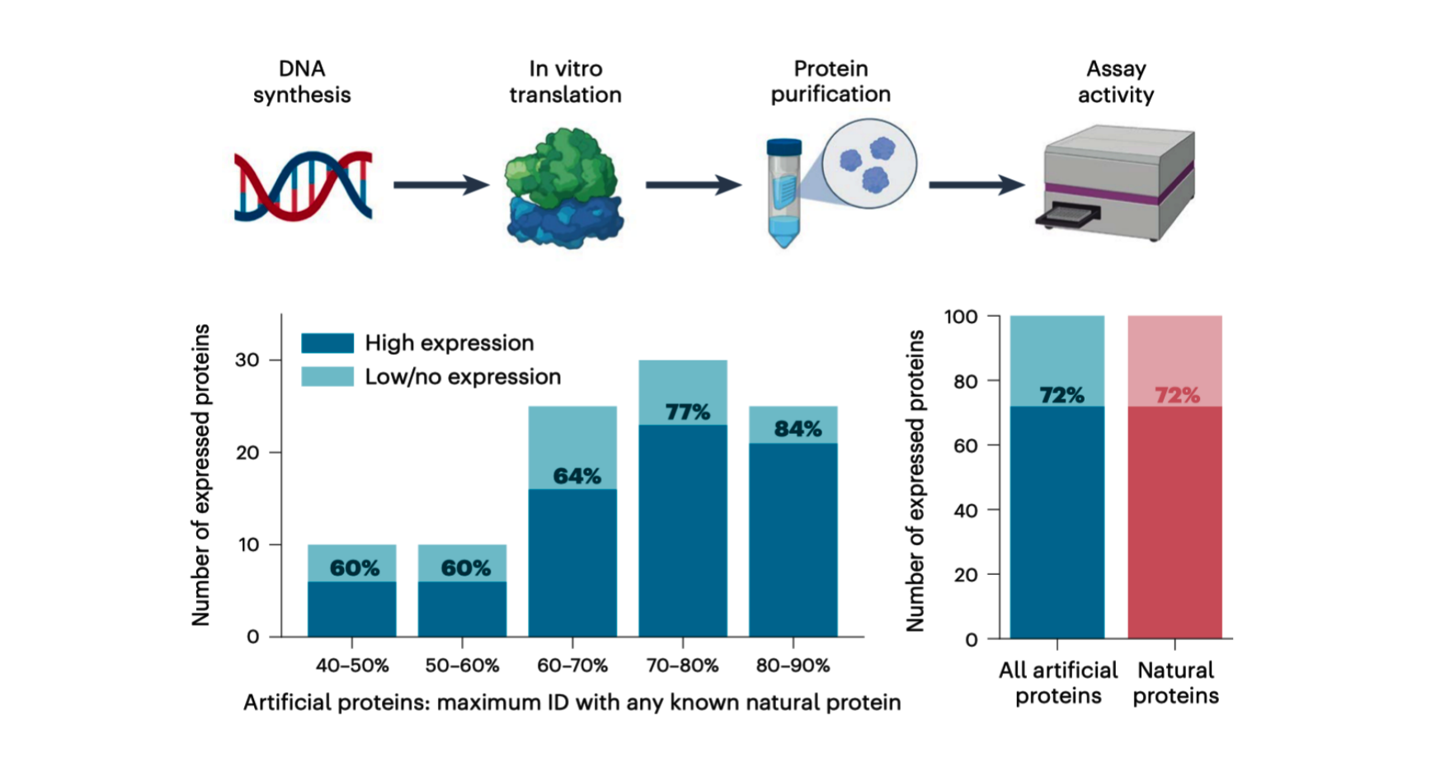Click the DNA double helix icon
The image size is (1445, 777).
coord(303,186)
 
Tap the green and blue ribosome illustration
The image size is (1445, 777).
coord(564,188)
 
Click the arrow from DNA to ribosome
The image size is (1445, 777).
coord(440,185)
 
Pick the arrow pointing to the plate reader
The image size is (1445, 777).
coord(976,185)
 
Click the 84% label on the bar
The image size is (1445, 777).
coord(798,429)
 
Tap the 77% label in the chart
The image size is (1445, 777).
coord(687,412)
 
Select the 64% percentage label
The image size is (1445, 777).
coord(577,476)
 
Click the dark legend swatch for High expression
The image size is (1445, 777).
coord(327,342)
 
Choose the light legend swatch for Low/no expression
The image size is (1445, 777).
coord(327,376)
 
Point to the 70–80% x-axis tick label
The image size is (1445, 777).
coord(682,666)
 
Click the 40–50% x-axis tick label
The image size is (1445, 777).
coord(352,666)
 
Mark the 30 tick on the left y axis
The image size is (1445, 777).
coord(247,360)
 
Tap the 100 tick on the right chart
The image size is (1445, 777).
coord(961,317)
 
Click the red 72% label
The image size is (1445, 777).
coord(1177,395)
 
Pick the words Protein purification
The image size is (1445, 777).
coord(831,81)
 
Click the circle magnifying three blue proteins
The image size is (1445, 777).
coord(868,162)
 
